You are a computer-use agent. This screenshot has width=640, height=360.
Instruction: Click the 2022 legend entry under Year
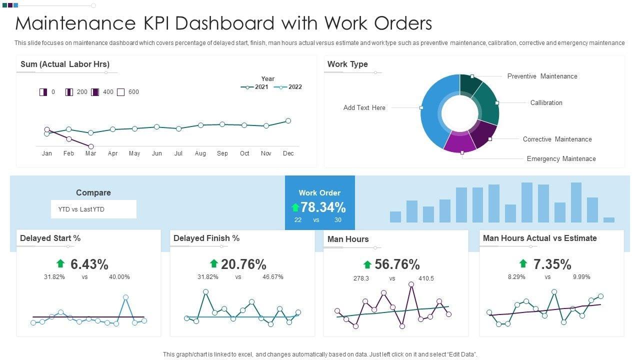[288, 87]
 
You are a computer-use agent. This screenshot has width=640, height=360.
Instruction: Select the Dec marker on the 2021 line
[288, 120]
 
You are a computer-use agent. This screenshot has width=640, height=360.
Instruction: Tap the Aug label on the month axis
[200, 153]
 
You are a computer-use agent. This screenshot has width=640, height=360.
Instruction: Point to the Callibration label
[546, 103]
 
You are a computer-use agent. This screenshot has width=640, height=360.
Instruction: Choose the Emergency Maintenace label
[561, 159]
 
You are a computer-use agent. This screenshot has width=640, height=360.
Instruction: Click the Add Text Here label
[364, 108]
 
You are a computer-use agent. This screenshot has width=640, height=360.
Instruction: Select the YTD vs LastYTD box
[93, 209]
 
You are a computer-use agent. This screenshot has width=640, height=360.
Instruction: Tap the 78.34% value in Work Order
[323, 207]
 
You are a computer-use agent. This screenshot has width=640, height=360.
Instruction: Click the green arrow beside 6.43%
[60, 263]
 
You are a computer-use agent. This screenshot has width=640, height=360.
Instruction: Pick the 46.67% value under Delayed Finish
[273, 277]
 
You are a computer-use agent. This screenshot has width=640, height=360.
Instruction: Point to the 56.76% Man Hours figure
[397, 264]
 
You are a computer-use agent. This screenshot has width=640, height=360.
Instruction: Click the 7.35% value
[552, 264]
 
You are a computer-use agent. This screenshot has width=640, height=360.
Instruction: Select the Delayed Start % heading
[50, 238]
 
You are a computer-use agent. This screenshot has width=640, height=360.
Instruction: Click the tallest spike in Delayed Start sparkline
[125, 297]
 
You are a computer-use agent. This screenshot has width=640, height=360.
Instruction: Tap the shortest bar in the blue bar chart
[608, 219]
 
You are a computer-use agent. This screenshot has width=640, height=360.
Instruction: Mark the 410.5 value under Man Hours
[426, 278]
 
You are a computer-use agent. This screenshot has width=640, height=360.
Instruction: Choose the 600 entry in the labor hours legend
[133, 92]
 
